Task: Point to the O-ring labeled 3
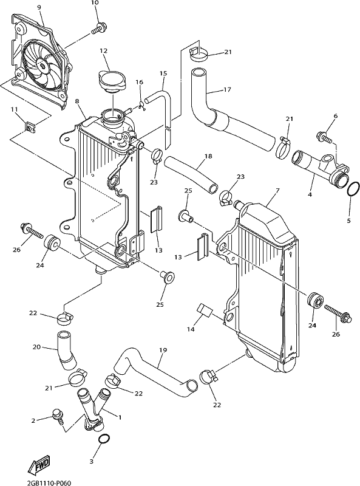pos(104,439)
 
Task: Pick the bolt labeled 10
pos(98,28)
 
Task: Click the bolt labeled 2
pos(58,416)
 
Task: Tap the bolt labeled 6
pos(324,137)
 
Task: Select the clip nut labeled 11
pos(30,127)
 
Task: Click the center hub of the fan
pos(41,64)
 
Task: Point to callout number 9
pos(39,7)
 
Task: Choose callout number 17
pos(227,90)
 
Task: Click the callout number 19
pos(163,351)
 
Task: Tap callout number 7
pos(277,190)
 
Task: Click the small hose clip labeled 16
pos(143,105)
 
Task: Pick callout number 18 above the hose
pos(208,156)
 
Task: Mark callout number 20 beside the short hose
pos(37,347)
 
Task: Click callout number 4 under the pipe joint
pos(310,194)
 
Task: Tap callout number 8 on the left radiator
pos(77,101)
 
